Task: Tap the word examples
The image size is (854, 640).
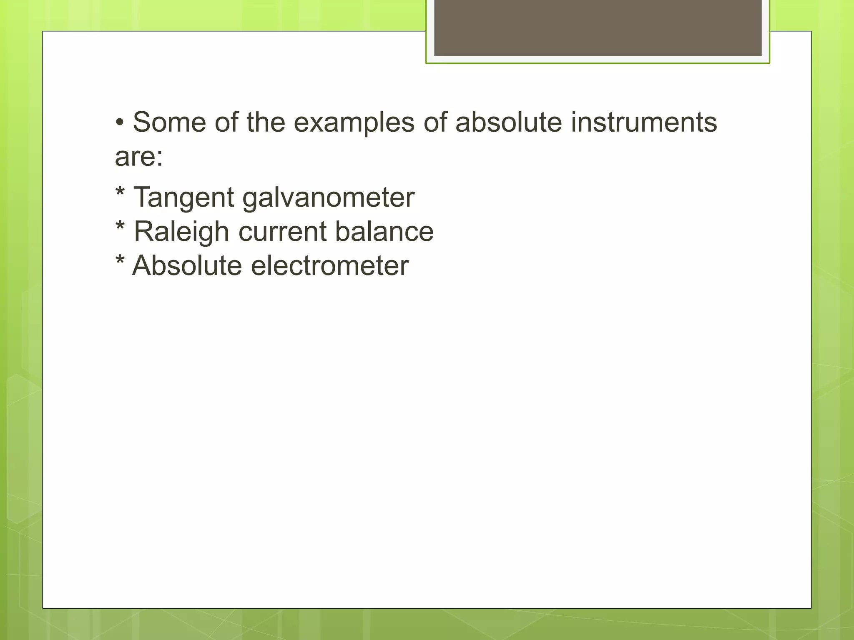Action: [354, 123]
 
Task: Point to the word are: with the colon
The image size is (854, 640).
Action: [139, 157]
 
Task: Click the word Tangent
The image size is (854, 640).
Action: [183, 197]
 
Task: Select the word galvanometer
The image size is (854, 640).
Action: [328, 197]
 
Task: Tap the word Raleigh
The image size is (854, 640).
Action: [181, 231]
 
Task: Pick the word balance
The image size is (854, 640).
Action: [384, 231]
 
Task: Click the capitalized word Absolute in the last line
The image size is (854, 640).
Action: [187, 265]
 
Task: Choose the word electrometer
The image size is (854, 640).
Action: [330, 265]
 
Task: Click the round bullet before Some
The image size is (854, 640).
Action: [120, 123]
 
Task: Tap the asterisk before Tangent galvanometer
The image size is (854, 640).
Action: [120, 192]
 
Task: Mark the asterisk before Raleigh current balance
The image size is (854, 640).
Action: [120, 227]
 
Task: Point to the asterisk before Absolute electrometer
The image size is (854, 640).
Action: [120, 261]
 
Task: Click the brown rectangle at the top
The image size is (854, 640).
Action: [598, 27]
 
